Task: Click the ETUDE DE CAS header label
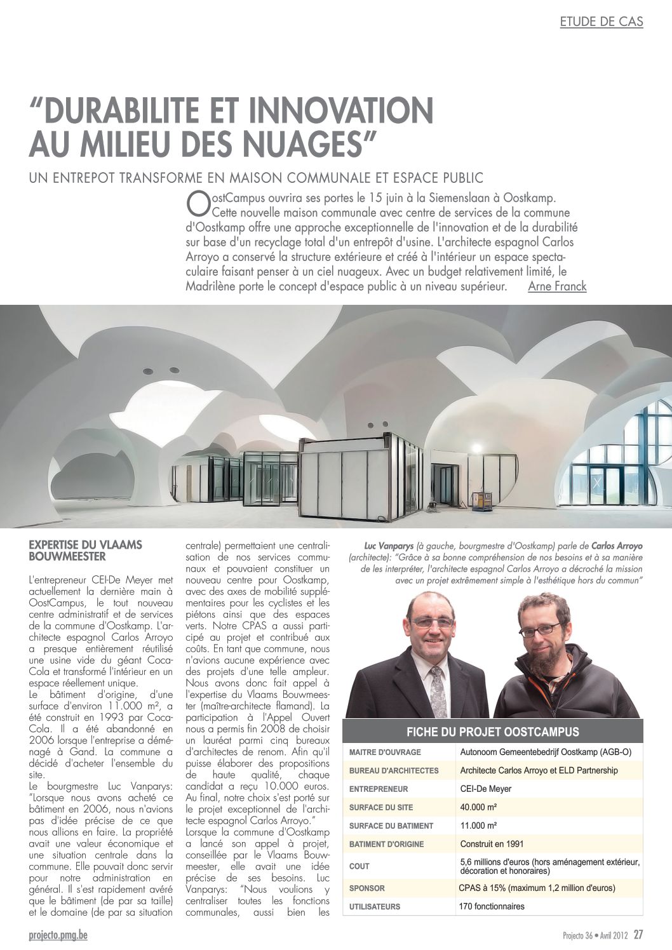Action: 601,22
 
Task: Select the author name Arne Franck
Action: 557,286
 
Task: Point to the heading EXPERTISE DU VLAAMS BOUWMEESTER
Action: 86,551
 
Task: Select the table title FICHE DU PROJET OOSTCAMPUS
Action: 493,732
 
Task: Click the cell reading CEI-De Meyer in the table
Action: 486,789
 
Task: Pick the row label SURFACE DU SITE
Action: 381,807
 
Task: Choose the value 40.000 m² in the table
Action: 478,807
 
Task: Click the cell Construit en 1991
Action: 492,844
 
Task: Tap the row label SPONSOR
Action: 367,888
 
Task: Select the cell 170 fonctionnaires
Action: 492,906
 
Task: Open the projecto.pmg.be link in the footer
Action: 58,935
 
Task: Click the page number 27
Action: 638,935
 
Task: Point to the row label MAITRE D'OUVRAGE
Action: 385,752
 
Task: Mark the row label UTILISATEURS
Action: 375,906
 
